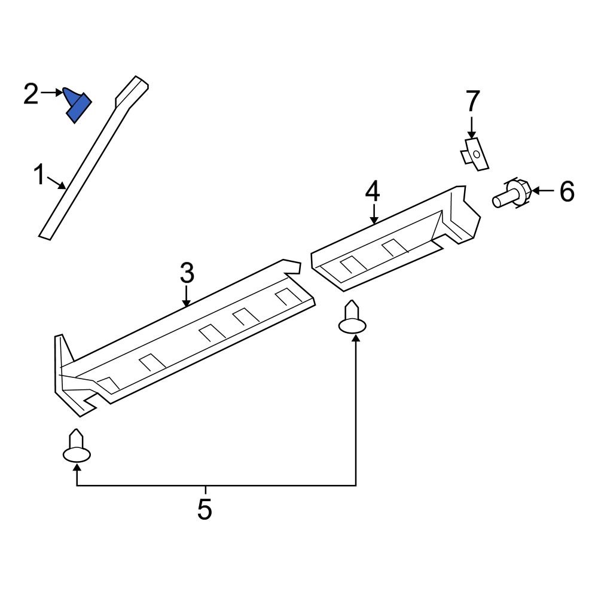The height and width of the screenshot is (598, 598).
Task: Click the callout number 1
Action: pyautogui.click(x=39, y=176)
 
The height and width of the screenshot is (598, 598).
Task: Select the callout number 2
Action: pyautogui.click(x=31, y=94)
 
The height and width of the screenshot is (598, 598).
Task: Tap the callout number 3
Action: pyautogui.click(x=187, y=273)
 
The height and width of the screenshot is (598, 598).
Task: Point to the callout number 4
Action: pyautogui.click(x=373, y=192)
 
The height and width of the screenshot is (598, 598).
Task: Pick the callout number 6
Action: pyautogui.click(x=566, y=191)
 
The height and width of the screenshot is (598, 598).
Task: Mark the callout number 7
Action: pyautogui.click(x=472, y=102)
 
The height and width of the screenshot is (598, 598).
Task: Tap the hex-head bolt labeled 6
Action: pyautogui.click(x=514, y=194)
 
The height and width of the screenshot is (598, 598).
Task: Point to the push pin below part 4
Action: pyautogui.click(x=352, y=319)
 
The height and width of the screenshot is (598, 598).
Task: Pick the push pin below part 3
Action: pyautogui.click(x=77, y=448)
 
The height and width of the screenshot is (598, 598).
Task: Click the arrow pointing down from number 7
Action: pyautogui.click(x=472, y=129)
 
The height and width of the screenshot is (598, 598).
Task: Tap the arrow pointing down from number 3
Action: pyautogui.click(x=187, y=296)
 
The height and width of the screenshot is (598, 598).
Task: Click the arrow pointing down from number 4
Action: pyautogui.click(x=373, y=213)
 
